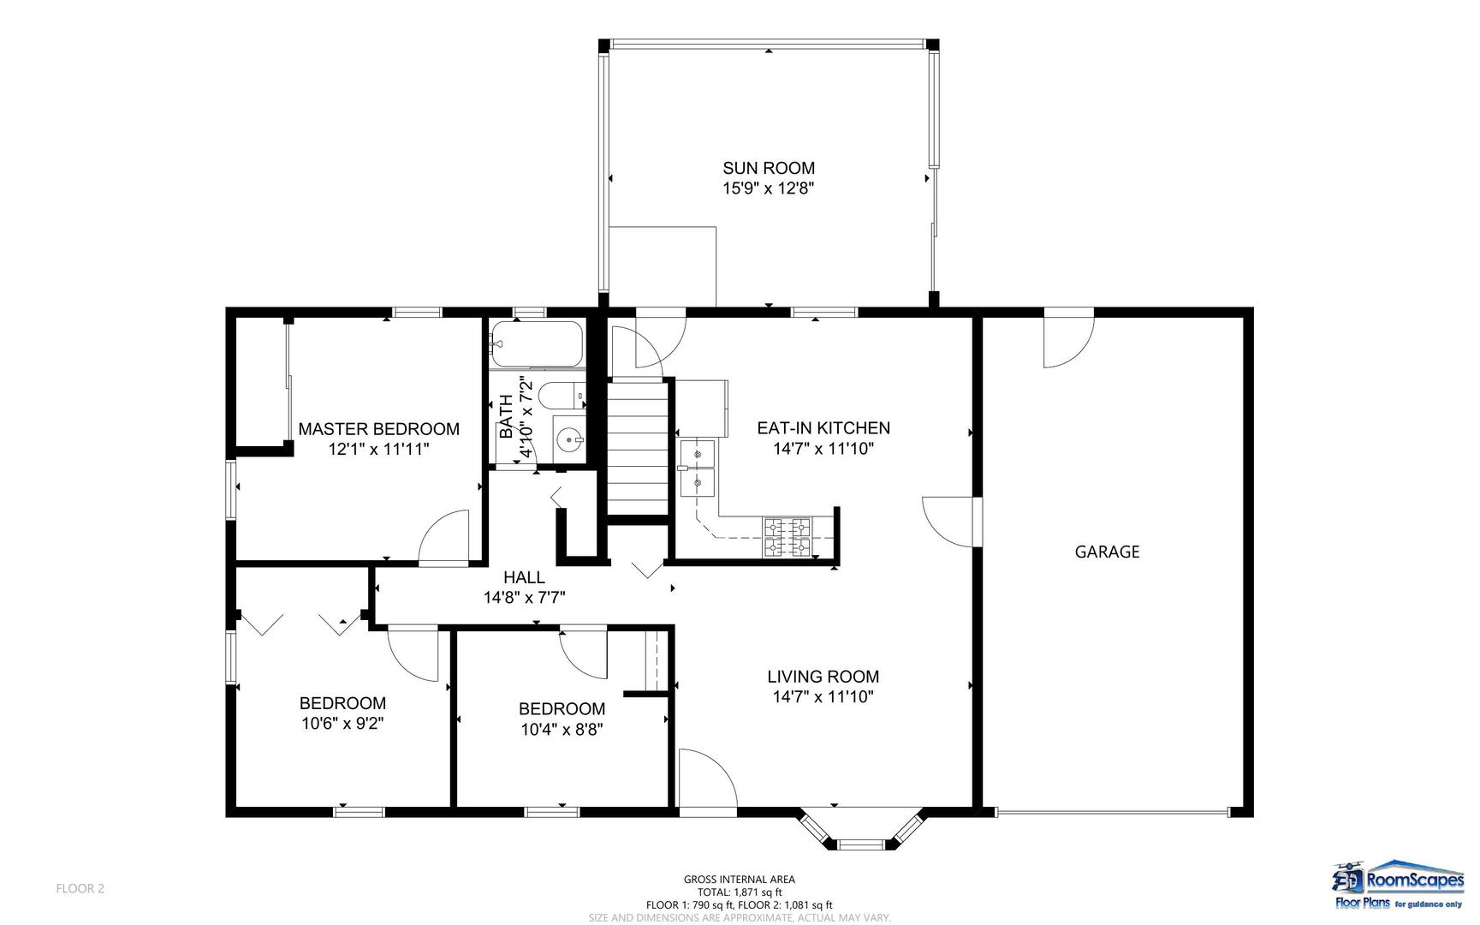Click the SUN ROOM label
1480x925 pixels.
tap(769, 169)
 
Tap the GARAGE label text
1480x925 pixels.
tap(1107, 552)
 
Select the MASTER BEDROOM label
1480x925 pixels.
tap(378, 429)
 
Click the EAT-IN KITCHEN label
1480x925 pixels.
tap(823, 428)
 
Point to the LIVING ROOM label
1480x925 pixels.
tap(823, 677)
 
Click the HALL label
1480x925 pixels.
tap(524, 577)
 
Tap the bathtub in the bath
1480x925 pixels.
tap(538, 344)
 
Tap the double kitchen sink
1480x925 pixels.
tap(699, 469)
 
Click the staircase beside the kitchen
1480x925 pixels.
tap(638, 447)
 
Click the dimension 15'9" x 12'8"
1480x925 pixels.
tap(768, 188)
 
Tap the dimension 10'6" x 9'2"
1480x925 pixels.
tap(342, 724)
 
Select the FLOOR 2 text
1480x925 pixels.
tap(80, 889)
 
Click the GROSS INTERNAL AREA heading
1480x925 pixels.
tap(740, 880)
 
